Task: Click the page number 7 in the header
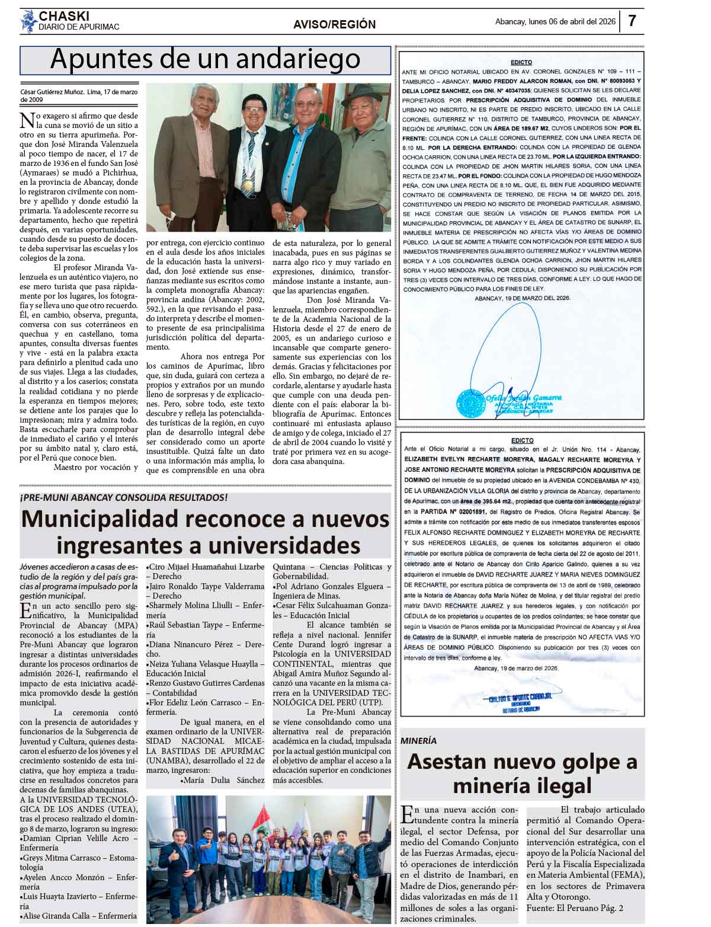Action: (632, 21)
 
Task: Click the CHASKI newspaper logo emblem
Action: (28, 22)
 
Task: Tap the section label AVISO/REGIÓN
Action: (334, 24)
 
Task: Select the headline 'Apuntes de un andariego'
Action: (205, 59)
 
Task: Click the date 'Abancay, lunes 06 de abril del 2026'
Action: (555, 22)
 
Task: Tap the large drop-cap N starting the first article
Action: (27, 120)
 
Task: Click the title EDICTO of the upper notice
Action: (521, 62)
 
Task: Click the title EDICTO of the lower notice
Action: (521, 440)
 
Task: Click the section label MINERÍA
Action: (418, 741)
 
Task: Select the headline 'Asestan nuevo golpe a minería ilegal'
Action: (522, 773)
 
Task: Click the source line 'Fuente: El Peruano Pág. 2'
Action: (574, 908)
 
